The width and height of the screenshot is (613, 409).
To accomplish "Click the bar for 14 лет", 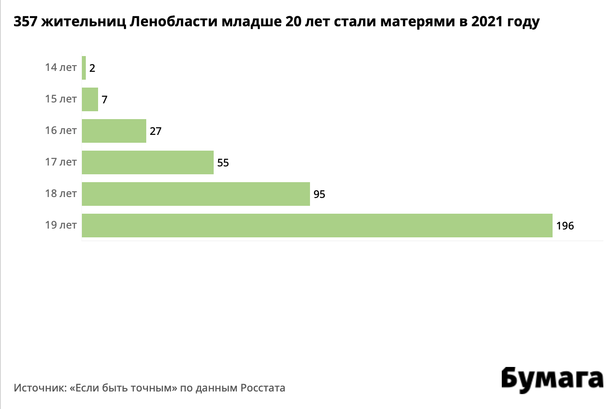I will (84, 68).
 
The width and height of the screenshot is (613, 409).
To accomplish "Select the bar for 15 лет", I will (90, 99).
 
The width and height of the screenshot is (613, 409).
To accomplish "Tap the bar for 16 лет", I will (114, 131).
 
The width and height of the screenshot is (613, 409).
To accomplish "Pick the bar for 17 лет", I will (148, 162).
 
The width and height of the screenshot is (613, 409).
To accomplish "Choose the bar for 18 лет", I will (196, 194).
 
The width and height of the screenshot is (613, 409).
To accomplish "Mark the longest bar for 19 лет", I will (317, 226).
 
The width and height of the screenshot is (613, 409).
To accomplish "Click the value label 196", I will (565, 226).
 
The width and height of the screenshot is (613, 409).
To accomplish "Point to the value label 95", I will (319, 194).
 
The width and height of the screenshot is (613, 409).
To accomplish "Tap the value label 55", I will (223, 163).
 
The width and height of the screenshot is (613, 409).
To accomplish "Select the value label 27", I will (155, 131).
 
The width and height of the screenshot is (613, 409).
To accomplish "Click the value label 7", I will (105, 100).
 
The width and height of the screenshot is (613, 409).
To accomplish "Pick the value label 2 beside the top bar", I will (92, 68).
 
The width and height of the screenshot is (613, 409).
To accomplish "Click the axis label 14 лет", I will (61, 67).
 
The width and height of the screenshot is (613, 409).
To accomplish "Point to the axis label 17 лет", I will (61, 162).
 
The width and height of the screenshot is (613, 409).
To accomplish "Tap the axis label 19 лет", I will (61, 225).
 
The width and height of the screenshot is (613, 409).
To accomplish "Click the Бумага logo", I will (552, 379).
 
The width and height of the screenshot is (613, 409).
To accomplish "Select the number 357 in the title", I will (26, 22).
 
